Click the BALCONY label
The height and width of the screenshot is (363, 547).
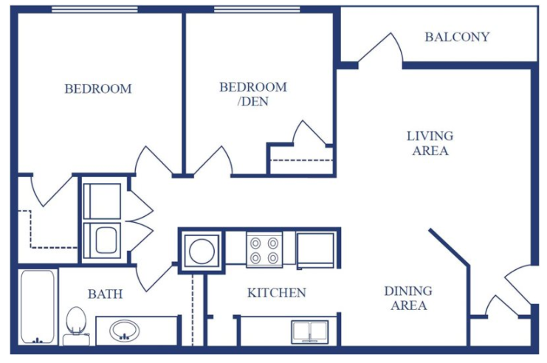(x=457, y=37)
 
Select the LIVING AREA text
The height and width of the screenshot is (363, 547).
(x=430, y=143)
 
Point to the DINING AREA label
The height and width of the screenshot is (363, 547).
(x=408, y=298)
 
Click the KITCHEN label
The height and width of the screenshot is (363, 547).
(x=276, y=293)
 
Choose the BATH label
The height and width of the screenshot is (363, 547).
(x=105, y=294)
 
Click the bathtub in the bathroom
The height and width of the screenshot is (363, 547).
(x=37, y=307)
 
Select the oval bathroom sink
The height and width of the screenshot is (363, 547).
(x=125, y=330)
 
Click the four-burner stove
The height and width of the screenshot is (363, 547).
(x=264, y=249)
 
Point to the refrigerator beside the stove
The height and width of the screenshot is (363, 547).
(x=316, y=249)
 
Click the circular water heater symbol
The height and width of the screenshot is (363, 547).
(x=202, y=251)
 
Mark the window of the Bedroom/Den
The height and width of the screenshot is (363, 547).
(x=247, y=10)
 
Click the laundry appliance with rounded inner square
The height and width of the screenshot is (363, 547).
(x=102, y=240)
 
